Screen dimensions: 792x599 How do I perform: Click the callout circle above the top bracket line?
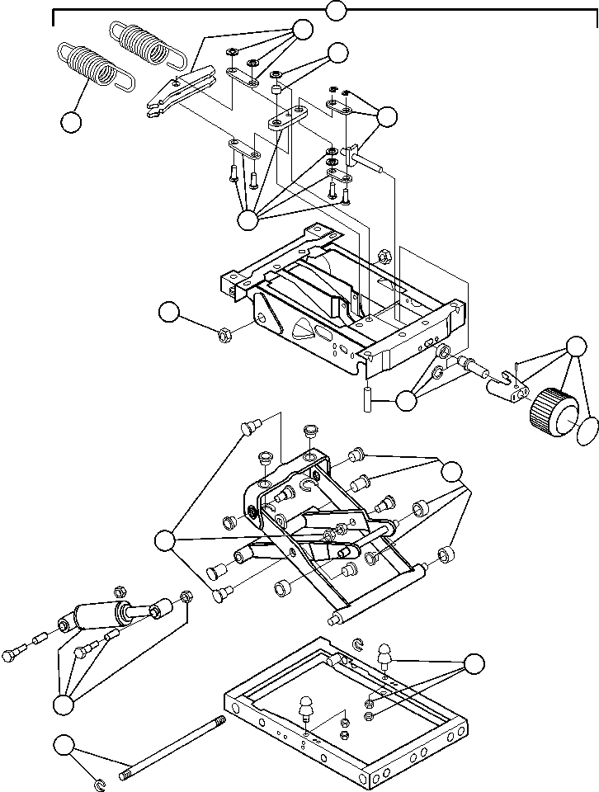tap(335, 11)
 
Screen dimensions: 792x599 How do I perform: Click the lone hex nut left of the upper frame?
tap(222, 335)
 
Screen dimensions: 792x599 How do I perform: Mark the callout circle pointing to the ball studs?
tap(474, 664)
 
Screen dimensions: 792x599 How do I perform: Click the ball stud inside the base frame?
tap(306, 709)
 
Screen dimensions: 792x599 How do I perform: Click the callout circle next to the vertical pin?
tap(406, 402)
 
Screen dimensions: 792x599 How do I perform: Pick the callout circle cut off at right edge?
tap(587, 430)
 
